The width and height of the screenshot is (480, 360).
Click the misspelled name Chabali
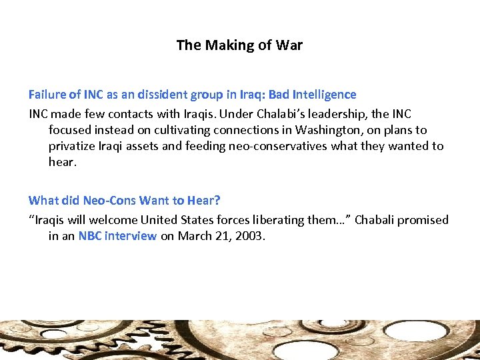(x=377, y=219)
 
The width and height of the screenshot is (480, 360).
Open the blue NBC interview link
(x=117, y=236)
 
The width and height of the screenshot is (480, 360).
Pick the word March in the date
(x=194, y=236)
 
